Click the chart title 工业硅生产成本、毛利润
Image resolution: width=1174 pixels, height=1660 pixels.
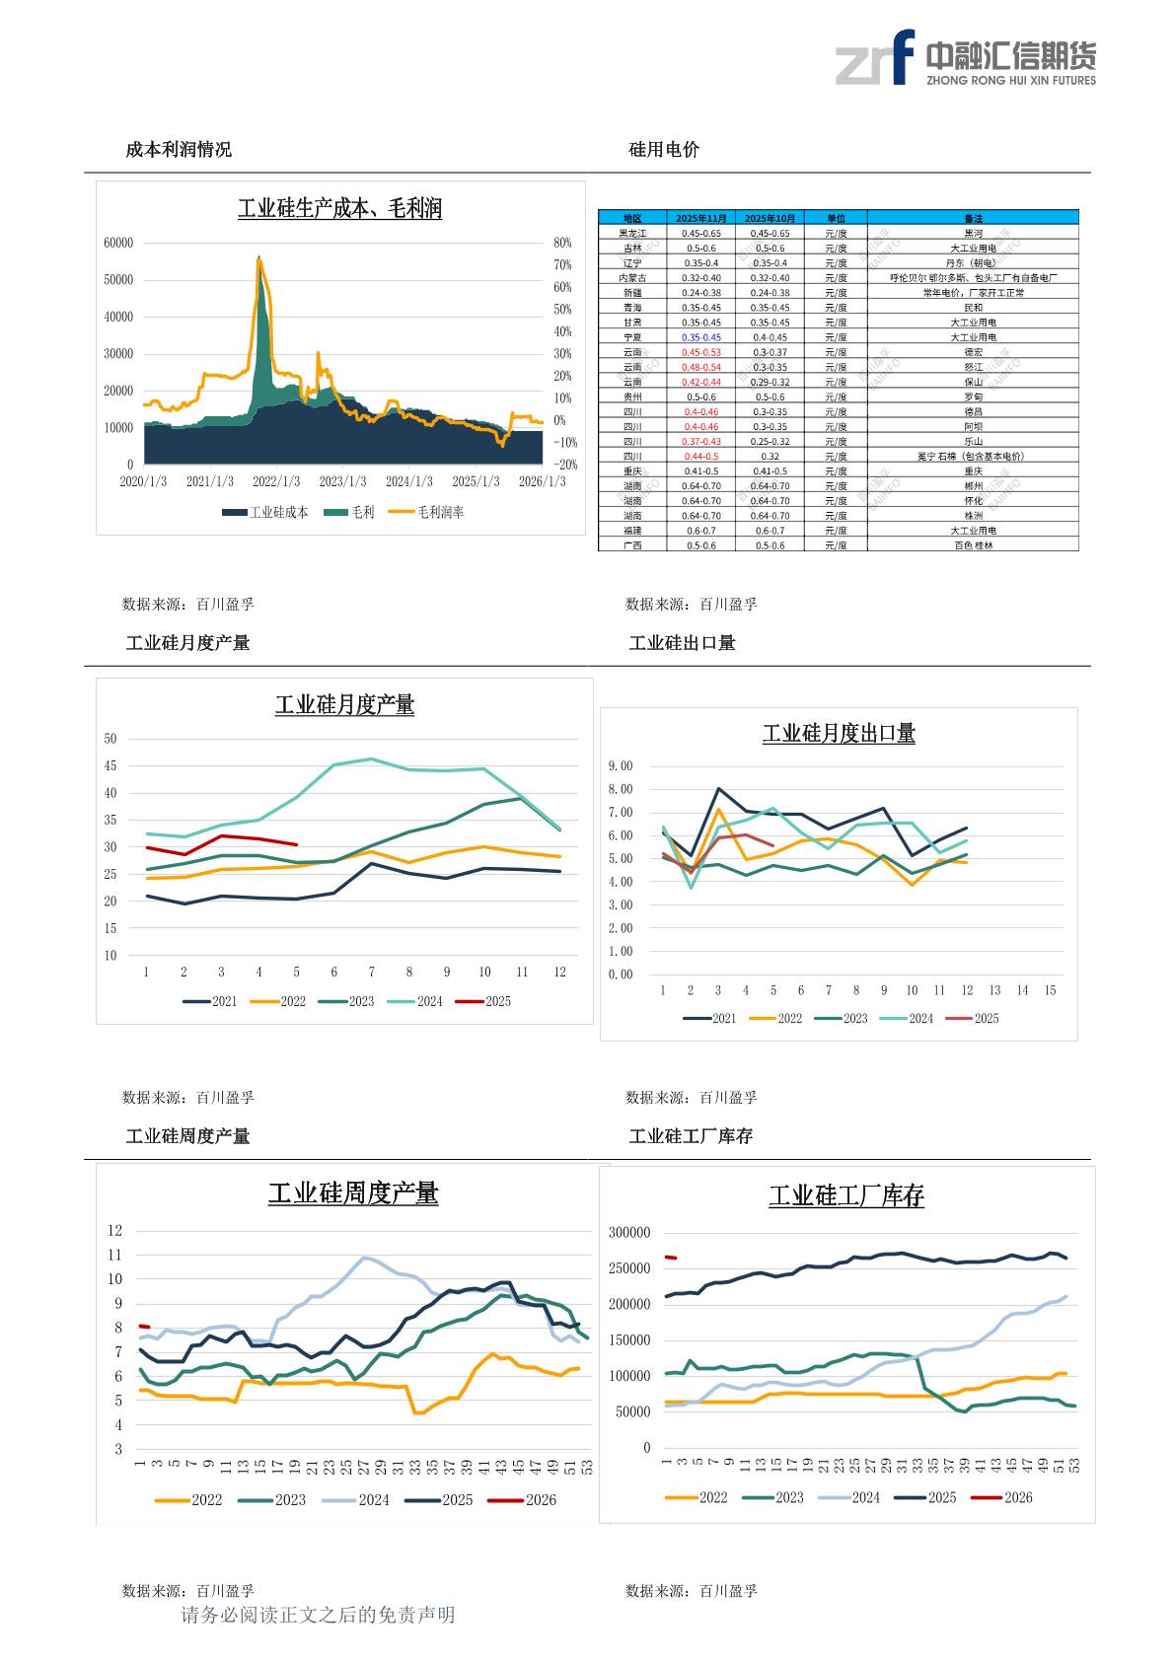(339, 208)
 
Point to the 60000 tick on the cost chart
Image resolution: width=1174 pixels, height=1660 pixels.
(117, 243)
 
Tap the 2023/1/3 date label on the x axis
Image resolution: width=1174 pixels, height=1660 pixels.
(342, 481)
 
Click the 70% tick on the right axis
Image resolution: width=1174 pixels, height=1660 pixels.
(562, 265)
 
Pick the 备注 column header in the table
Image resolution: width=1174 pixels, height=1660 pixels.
(973, 218)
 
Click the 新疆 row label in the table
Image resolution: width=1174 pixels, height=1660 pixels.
(632, 293)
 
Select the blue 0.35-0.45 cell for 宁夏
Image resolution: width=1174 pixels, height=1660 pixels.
(700, 337)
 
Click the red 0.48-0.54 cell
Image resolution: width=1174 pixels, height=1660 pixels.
(700, 367)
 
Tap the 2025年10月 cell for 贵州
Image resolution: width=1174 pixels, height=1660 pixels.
(770, 397)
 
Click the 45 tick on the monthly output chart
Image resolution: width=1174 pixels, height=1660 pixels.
(110, 766)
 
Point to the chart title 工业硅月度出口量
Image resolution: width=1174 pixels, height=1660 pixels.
(839, 734)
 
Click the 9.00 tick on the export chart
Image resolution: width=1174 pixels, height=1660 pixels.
(621, 766)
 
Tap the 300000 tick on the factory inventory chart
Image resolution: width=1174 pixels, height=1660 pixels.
(629, 1233)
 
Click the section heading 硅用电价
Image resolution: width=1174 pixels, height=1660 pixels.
(664, 150)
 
